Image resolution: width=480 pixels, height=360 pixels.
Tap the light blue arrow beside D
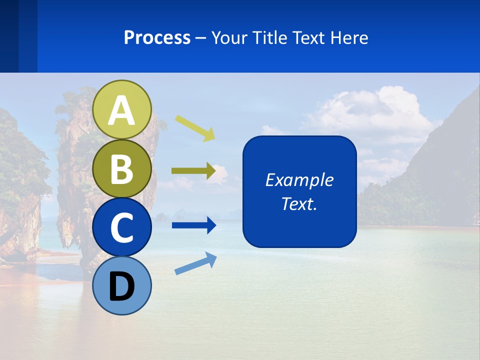pos(195,263)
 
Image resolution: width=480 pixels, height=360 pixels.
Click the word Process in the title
pos(157,38)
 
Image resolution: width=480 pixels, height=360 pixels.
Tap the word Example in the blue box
pos(299,180)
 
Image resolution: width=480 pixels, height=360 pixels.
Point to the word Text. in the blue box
pos(299,203)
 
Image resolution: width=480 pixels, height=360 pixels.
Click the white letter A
pos(122,110)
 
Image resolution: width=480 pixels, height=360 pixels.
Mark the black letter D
pos(122,286)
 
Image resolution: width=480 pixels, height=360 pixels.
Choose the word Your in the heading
pos(229,38)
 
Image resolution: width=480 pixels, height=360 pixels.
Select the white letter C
pos(122,227)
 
